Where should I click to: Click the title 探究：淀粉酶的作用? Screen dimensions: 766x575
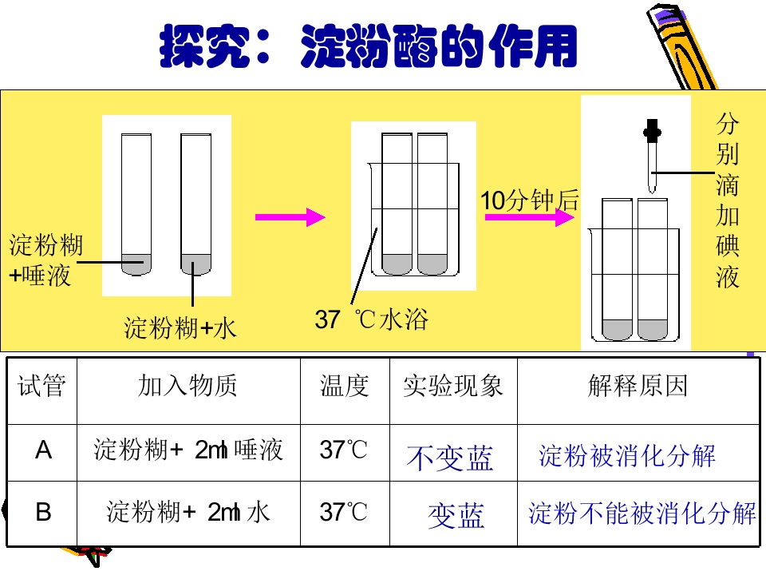pyautogui.click(x=369, y=46)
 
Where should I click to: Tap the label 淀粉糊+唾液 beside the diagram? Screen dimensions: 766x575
pyautogui.click(x=46, y=260)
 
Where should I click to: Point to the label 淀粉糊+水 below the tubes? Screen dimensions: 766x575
pyautogui.click(x=180, y=327)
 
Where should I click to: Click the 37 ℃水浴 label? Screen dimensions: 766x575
pyautogui.click(x=371, y=319)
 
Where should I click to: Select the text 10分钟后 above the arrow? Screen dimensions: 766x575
pyautogui.click(x=530, y=200)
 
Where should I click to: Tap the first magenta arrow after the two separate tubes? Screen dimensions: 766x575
pyautogui.click(x=290, y=217)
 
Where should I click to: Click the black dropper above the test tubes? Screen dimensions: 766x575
pyautogui.click(x=652, y=157)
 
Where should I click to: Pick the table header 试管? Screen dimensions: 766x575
pyautogui.click(x=41, y=386)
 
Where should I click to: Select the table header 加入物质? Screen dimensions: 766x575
pyautogui.click(x=188, y=386)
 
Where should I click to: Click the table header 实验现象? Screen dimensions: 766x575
pyautogui.click(x=453, y=386)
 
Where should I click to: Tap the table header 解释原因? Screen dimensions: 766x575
pyautogui.click(x=638, y=386)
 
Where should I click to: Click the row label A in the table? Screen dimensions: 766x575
pyautogui.click(x=43, y=450)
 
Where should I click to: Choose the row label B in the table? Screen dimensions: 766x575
pyautogui.click(x=43, y=512)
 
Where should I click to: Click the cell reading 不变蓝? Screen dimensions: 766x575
pyautogui.click(x=450, y=458)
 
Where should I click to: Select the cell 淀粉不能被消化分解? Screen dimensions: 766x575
pyautogui.click(x=642, y=514)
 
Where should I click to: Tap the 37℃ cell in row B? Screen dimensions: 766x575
pyautogui.click(x=343, y=512)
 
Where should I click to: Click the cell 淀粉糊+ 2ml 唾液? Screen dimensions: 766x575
pyautogui.click(x=188, y=450)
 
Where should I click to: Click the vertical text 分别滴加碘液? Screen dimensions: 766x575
pyautogui.click(x=728, y=200)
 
